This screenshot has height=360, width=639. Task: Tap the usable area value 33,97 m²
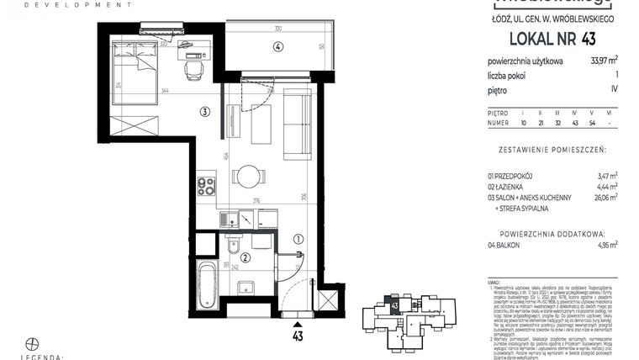(x=605, y=60)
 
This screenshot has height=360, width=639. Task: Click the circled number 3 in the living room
(x=204, y=111)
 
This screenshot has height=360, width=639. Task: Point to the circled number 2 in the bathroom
(x=246, y=258)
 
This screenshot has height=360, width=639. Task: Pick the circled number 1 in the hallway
(x=298, y=238)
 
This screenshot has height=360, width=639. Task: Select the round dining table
(x=249, y=177)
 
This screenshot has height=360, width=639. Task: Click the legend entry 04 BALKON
(x=509, y=245)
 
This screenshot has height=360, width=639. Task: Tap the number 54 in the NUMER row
(x=593, y=122)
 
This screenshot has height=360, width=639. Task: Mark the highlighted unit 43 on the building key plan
(x=393, y=305)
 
